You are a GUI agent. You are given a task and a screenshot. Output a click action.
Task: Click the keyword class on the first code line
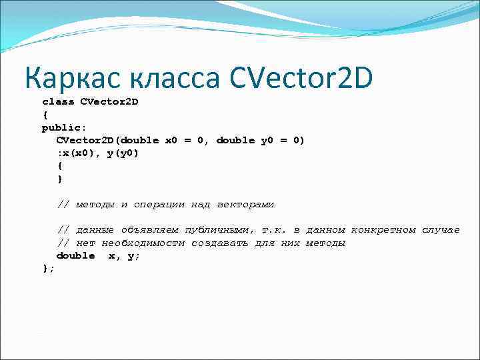click(58, 102)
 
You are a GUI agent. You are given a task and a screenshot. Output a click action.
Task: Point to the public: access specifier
click(61, 127)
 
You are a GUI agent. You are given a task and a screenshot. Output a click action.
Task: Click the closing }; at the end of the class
click(48, 268)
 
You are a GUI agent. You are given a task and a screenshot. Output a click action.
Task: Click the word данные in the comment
click(95, 230)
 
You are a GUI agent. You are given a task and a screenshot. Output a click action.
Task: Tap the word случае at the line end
click(440, 230)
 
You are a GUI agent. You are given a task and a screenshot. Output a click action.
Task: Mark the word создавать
click(219, 243)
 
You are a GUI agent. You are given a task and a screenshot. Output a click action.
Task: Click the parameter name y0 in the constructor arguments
click(266, 141)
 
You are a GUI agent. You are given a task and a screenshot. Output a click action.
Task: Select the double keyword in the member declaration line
click(75, 256)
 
